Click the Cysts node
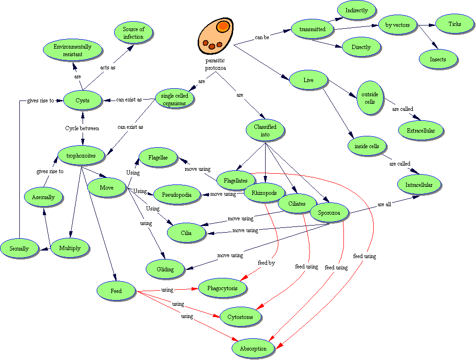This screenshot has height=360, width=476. [83, 100]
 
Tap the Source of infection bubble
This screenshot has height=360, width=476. [134, 33]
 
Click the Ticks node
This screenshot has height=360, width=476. [455, 24]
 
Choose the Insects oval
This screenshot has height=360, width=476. [438, 59]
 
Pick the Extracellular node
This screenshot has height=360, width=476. [421, 130]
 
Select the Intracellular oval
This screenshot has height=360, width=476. [419, 184]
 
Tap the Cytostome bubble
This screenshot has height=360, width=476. [241, 317]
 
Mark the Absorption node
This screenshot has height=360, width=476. [253, 349]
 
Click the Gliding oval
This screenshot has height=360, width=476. [166, 269]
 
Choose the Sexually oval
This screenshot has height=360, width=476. [19, 248]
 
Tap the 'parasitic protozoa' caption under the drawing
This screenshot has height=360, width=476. [215, 64]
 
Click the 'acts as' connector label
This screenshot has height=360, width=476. [108, 67]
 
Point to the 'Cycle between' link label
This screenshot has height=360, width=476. [82, 128]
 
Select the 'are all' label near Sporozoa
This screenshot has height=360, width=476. [384, 204]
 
